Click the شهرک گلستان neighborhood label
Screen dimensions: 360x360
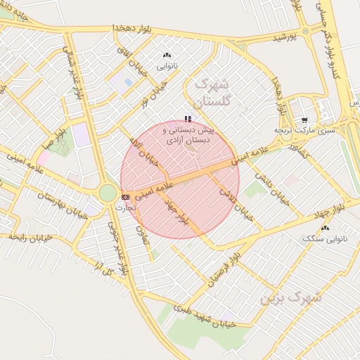tap(211, 92)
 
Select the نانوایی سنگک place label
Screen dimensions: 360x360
tap(325, 239)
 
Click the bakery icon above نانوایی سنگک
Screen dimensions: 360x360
tap(325, 229)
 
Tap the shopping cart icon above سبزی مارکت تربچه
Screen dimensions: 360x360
tap(304, 120)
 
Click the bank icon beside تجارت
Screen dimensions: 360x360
tap(125, 198)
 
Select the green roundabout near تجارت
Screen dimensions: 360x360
tap(108, 193)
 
